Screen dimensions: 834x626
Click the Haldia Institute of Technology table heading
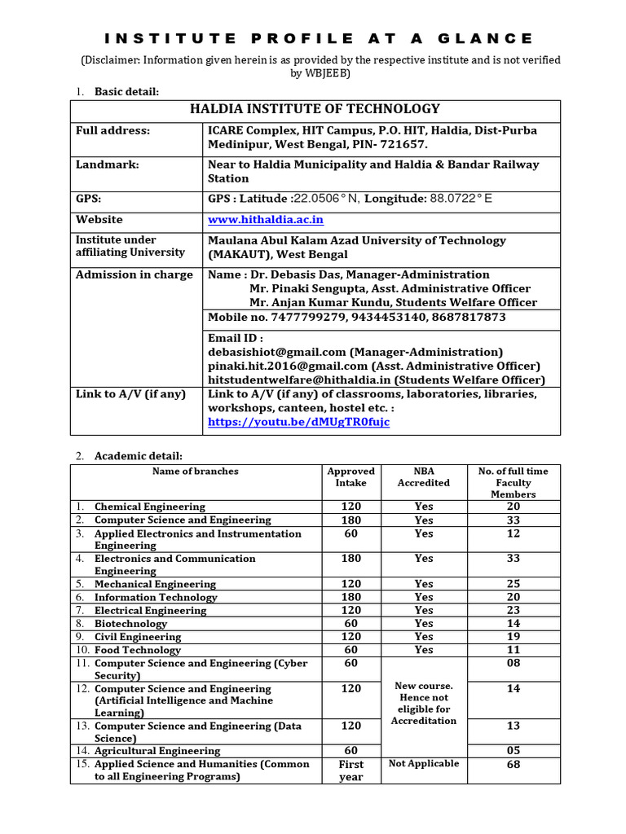point(315,109)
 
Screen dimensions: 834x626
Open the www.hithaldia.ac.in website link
point(266,220)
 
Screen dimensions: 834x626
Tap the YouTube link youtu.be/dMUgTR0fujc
point(299,422)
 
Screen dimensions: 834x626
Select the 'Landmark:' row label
point(108,165)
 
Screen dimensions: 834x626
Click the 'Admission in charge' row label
point(134,274)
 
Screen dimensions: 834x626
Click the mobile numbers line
point(357,317)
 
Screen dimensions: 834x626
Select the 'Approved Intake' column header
point(350,476)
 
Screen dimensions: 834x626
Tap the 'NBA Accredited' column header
point(423,476)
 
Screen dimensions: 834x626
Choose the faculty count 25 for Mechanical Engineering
point(513,584)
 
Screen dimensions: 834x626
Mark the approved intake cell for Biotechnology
point(350,623)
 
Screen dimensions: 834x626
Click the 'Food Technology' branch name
point(138,650)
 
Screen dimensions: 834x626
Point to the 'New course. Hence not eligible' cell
point(423,703)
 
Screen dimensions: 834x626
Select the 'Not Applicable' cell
point(423,764)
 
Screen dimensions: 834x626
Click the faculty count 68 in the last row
point(513,765)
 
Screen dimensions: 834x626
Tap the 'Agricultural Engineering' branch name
point(157,751)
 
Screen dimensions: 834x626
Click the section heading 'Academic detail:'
point(139,455)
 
